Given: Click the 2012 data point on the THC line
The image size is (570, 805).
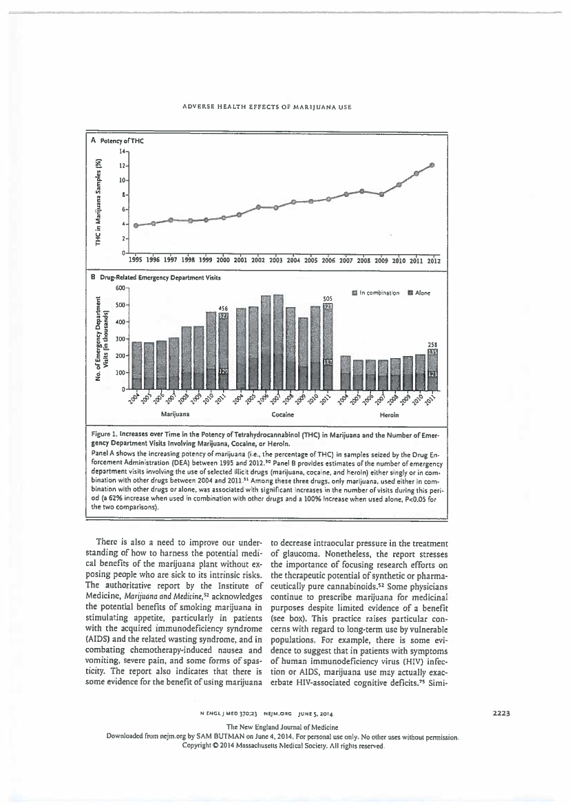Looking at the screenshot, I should point(432,165).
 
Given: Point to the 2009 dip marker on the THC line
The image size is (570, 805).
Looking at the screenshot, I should point(381,194).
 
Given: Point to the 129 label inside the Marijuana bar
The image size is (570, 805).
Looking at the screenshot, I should point(223,371).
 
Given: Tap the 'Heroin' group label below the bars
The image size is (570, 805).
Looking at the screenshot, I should point(390,415).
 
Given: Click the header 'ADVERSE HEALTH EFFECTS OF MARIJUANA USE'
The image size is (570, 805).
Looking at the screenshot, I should point(284,107).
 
